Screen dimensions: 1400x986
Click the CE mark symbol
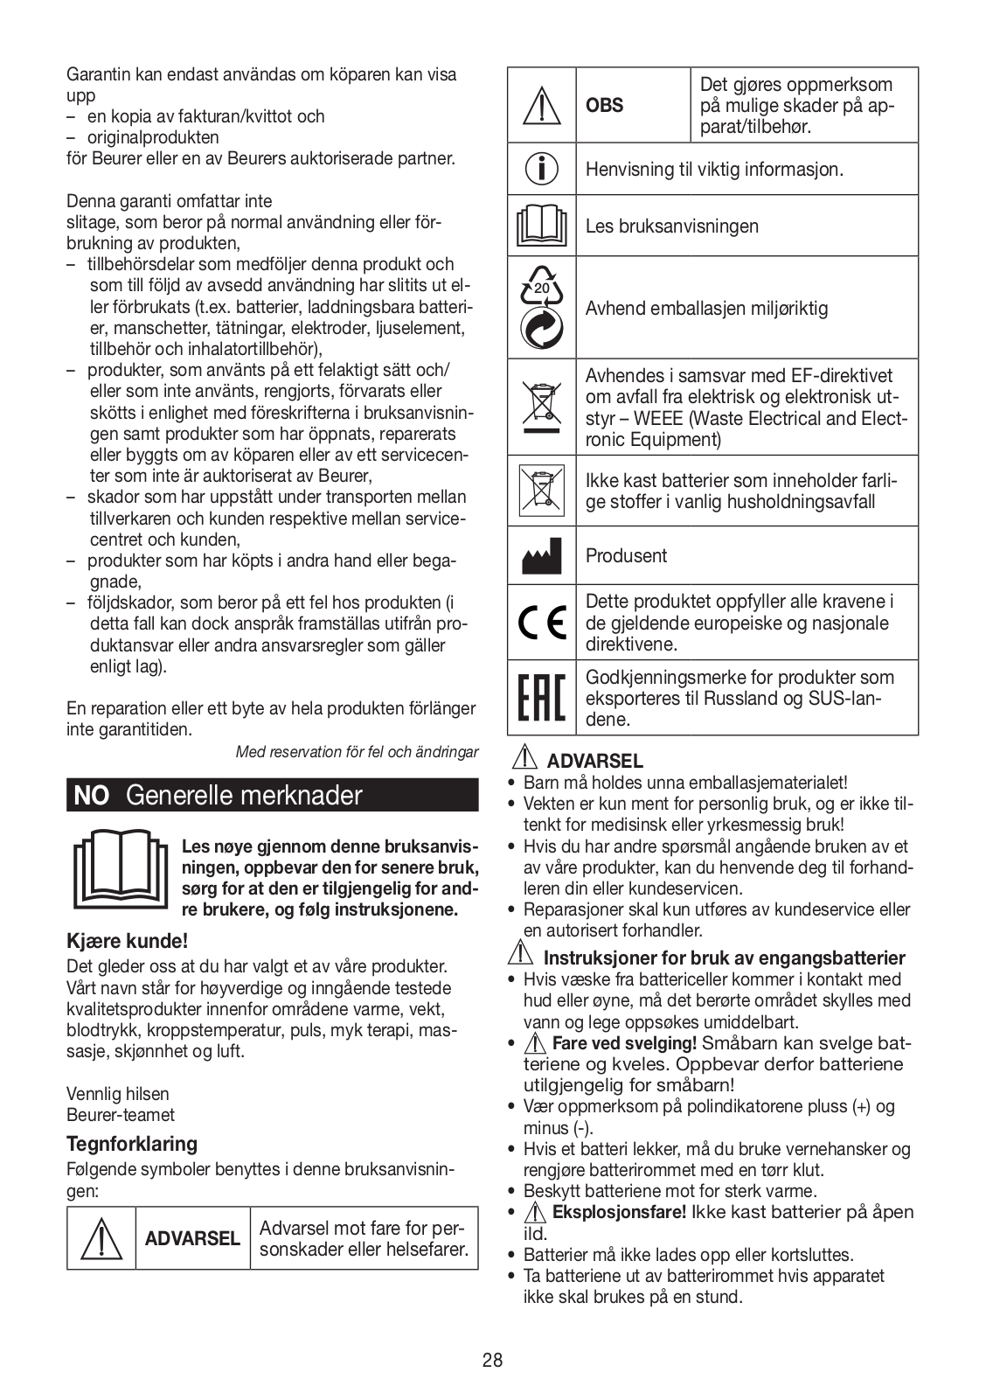coord(542,623)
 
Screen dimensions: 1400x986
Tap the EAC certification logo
coord(542,698)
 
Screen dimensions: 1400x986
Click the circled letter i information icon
coord(542,169)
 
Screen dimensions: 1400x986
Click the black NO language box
coord(91,796)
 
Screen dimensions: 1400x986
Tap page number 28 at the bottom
coord(492,1361)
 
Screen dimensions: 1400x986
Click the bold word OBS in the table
coord(605,106)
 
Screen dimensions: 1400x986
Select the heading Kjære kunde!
coord(128,942)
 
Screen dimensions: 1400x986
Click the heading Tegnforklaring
coord(132,1144)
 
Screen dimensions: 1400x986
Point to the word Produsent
coord(626,556)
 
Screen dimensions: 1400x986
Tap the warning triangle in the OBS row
coord(542,105)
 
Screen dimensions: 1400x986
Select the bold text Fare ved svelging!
coord(624,1043)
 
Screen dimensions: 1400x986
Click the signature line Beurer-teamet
coord(121,1115)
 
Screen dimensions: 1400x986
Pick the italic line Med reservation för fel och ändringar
coord(357,752)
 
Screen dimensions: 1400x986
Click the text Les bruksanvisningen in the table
coord(671,226)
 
